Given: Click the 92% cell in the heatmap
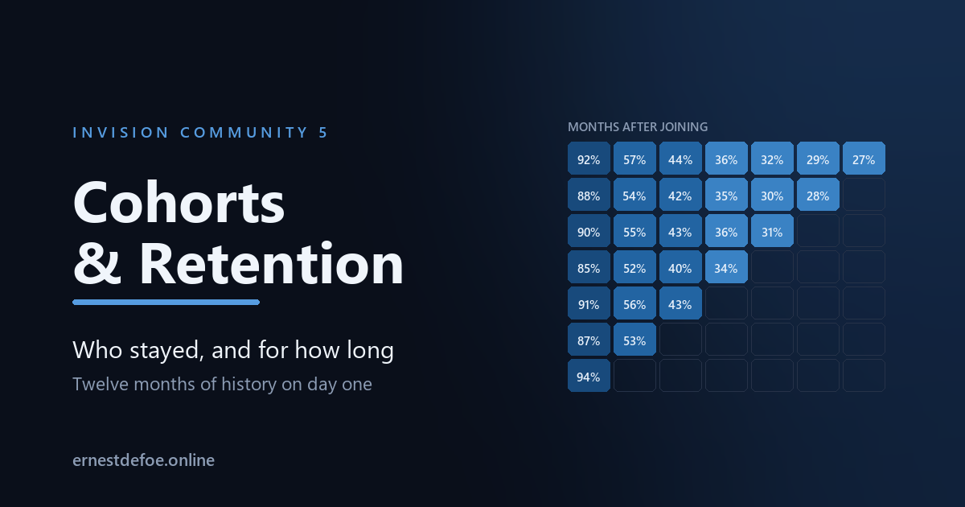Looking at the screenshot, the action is (589, 159).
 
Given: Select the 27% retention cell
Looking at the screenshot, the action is (864, 159).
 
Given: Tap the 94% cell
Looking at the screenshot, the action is (589, 376).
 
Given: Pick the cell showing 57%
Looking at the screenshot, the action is (634, 159).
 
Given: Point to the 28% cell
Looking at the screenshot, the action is (818, 195).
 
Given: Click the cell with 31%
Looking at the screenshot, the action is (772, 231).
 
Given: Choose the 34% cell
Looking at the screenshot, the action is (726, 267).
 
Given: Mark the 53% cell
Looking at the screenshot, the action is (634, 340).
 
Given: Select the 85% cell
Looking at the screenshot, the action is (589, 267).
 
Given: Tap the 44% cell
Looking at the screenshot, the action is (680, 159).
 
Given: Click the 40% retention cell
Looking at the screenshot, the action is (680, 267).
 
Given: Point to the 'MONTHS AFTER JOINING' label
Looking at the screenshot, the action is (638, 127).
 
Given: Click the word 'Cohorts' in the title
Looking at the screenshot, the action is (179, 203).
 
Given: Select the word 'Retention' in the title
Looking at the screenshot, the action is (272, 264).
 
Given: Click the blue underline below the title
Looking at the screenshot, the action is (166, 303).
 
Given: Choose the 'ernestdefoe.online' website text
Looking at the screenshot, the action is (143, 460).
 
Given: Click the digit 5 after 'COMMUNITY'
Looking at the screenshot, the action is (323, 132).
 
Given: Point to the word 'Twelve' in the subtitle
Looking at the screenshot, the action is (101, 384).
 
